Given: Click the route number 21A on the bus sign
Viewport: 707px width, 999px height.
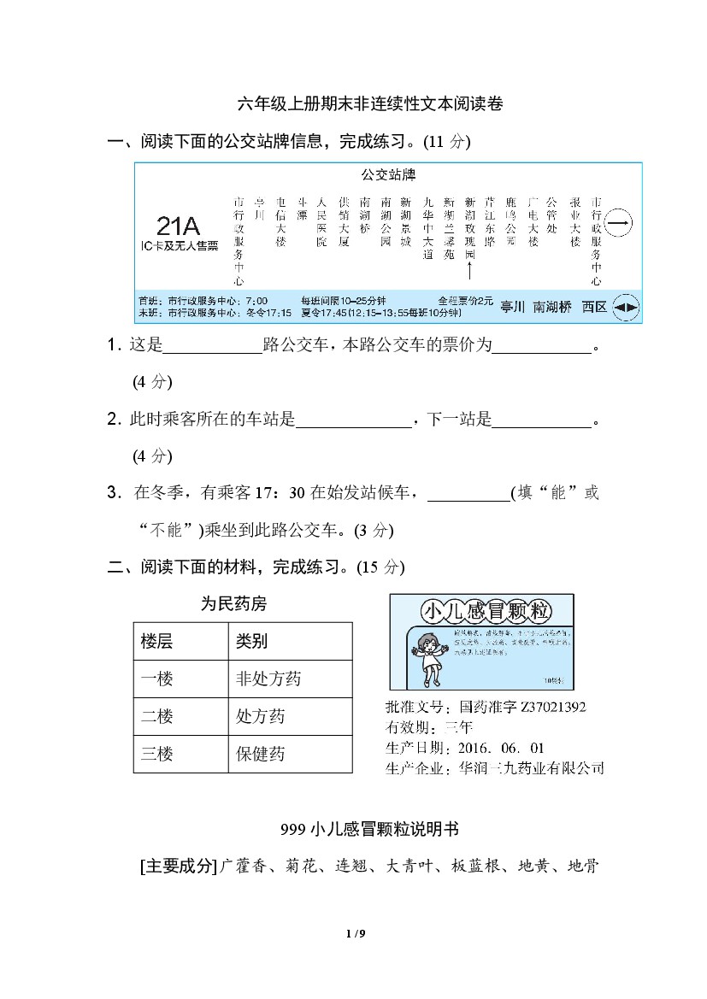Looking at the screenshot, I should click(x=179, y=226).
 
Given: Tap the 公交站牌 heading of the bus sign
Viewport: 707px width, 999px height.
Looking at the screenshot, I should click(x=387, y=175).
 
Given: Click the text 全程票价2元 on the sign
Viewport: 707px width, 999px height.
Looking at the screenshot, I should click(x=465, y=301).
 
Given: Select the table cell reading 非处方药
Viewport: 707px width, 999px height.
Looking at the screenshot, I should click(x=268, y=679).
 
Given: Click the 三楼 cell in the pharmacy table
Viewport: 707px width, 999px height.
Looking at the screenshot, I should click(x=157, y=754).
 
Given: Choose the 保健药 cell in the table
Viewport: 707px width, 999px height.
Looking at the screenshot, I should click(x=261, y=754).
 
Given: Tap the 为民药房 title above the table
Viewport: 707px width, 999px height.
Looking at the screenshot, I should click(x=233, y=604).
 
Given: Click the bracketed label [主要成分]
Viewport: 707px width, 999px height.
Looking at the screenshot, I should click(x=178, y=866).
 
